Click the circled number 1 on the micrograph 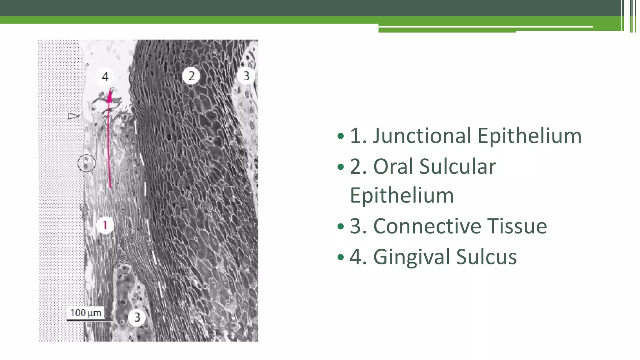105,225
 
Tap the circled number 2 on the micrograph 191,76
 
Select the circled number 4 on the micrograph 105,77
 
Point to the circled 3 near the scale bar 137,317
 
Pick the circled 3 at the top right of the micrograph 246,76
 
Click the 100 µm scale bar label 86,313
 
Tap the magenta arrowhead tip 110,91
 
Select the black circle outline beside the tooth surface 87,163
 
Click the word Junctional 422,136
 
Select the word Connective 427,226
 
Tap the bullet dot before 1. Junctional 341,136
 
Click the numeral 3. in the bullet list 358,226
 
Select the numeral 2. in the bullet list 358,167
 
